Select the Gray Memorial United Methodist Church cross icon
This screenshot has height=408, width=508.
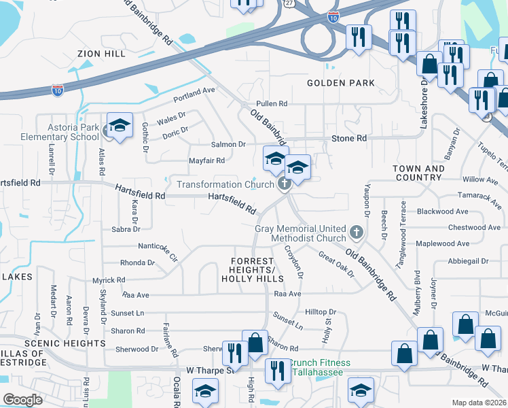coord(355,233)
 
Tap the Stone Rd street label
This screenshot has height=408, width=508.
coord(349,138)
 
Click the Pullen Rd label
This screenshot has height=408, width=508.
coord(272,103)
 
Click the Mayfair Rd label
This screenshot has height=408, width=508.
coord(206,161)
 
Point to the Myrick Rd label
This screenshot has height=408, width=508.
coord(109,279)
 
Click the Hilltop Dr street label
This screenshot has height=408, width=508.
coord(321,311)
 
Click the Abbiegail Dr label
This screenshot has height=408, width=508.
coord(468,261)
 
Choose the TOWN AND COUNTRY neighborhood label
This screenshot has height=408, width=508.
coord(418,173)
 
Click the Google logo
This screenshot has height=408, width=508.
coord(23,400)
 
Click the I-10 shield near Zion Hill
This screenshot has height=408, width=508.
coord(58,90)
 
